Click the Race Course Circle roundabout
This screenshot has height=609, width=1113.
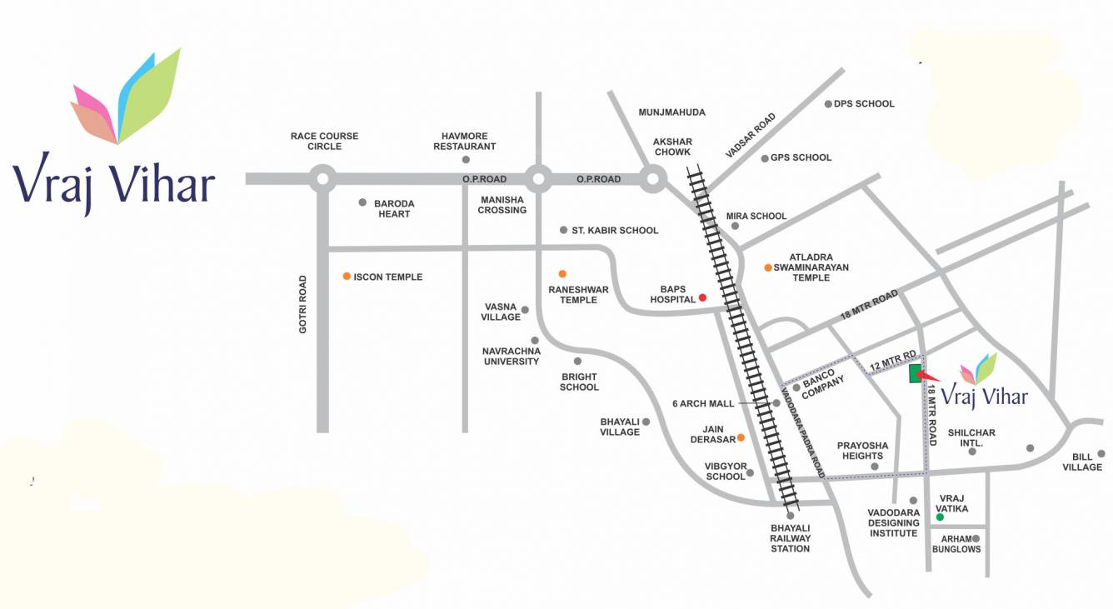click(322, 177)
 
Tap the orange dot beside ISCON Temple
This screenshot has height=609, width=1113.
click(347, 276)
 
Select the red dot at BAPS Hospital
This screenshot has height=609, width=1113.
click(702, 297)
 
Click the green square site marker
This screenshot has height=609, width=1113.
click(915, 373)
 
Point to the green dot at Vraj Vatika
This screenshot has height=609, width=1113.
click(940, 517)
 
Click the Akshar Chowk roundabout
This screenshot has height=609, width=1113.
click(653, 177)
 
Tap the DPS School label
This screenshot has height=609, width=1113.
click(863, 104)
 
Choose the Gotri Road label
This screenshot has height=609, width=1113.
click(303, 305)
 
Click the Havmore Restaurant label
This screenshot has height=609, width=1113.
click(469, 141)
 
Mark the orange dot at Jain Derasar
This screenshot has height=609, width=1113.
click(740, 437)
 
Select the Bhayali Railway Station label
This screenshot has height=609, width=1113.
click(790, 538)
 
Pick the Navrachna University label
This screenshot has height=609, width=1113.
click(512, 356)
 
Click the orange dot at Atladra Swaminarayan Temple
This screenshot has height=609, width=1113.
click(768, 267)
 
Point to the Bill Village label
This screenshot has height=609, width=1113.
click(1081, 462)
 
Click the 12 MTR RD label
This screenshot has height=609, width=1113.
click(892, 362)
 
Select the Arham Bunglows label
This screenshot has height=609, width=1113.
click(956, 544)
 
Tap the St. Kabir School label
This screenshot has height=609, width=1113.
click(615, 231)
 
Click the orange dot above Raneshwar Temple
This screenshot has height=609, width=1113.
click(562, 273)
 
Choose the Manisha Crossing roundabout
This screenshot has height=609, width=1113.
click(538, 177)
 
